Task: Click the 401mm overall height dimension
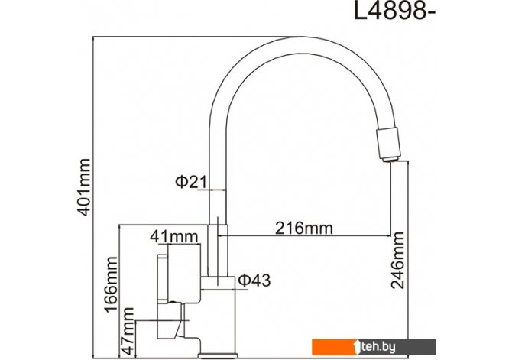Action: point(83,187)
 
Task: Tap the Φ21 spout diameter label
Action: point(191,182)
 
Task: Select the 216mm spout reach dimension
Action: point(304,228)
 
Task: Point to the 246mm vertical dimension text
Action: point(397,261)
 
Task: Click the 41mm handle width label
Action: point(174,236)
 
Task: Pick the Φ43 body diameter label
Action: point(254,281)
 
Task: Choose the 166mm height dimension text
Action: point(110,284)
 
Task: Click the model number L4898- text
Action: point(395,12)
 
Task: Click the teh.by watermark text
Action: point(378,347)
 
